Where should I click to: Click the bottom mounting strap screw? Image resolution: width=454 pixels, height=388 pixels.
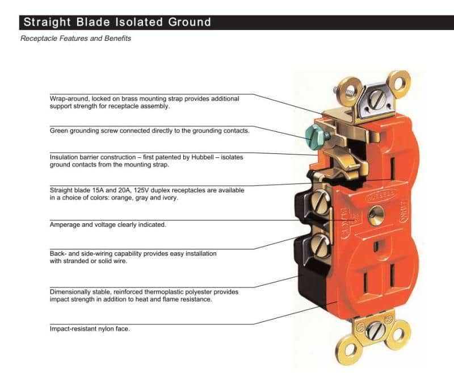pos(375,331)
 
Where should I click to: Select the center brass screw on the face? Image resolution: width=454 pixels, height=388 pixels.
pos(375,214)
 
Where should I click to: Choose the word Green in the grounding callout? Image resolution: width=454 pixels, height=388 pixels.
pos(59,131)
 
